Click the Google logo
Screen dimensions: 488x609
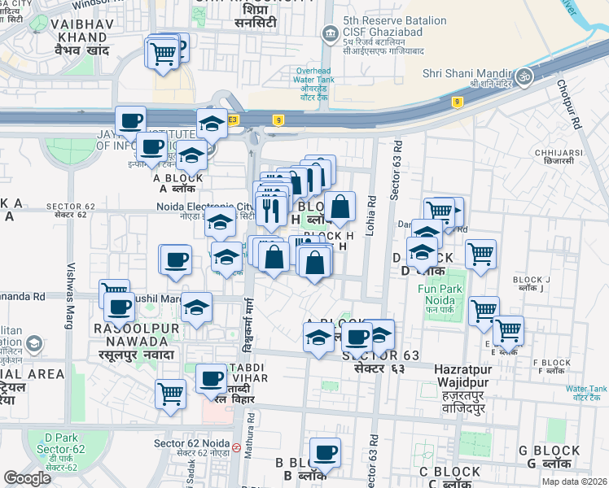[x=27, y=478]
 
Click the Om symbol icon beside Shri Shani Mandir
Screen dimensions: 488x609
[x=524, y=75]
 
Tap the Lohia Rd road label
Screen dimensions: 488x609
[x=370, y=211]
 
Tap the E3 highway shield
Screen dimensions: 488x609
[x=233, y=120]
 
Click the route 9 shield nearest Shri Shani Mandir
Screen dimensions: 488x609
[x=458, y=102]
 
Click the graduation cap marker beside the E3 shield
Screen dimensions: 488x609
[x=212, y=123]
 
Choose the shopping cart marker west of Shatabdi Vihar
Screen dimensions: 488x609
[x=171, y=394]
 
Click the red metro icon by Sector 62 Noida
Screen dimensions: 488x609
[x=236, y=447]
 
